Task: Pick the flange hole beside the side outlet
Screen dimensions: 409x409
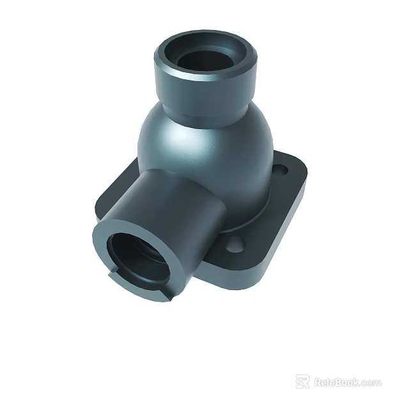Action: pos(235,243)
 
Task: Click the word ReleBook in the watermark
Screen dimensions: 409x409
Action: pos(337,382)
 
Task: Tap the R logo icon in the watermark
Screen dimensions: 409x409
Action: pos(303,382)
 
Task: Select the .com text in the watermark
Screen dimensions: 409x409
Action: pos(371,383)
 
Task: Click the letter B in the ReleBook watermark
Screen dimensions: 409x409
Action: pos(338,382)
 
